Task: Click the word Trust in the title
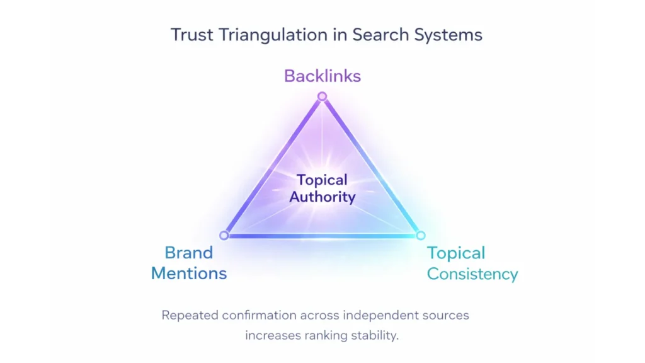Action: point(191,34)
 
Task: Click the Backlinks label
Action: point(322,76)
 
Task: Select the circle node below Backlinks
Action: point(322,96)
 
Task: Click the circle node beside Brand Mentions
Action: point(224,235)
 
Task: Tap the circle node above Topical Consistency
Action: point(420,235)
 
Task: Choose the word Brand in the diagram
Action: point(189,253)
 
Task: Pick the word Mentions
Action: point(189,274)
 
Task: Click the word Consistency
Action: point(472,274)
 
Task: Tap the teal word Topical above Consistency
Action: point(456,253)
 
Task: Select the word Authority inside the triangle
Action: point(322,197)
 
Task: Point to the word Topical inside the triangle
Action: point(322,180)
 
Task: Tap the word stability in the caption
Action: point(375,335)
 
